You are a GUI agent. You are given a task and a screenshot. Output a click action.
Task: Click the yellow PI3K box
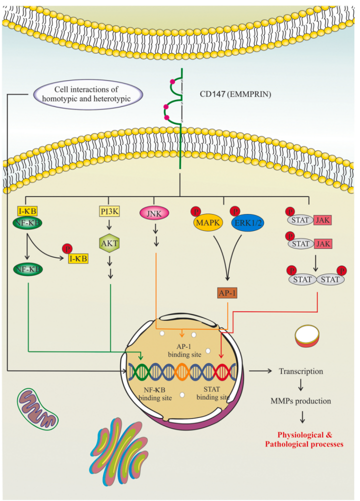[x=110, y=211]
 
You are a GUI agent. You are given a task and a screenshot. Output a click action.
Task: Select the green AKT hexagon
[x=110, y=243]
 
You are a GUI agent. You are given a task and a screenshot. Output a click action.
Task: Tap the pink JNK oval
[x=154, y=213]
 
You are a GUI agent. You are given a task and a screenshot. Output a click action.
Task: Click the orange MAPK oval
[x=208, y=222]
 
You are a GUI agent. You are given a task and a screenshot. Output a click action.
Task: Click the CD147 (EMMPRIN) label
[x=235, y=94]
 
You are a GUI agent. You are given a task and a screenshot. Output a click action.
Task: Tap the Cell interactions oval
[x=86, y=94]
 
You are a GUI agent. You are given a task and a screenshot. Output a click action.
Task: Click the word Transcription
[x=301, y=371]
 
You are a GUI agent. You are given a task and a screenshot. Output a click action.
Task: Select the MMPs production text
[x=300, y=400]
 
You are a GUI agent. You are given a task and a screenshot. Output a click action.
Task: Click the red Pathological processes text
[x=304, y=444]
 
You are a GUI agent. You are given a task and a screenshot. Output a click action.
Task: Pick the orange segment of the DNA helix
[x=182, y=372]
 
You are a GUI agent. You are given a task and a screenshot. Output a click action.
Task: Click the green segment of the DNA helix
[x=138, y=372]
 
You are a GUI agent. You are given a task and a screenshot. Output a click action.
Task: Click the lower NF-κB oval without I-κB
[x=28, y=269]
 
